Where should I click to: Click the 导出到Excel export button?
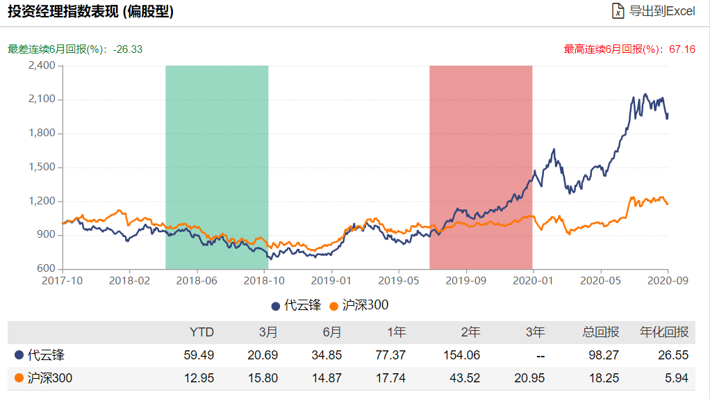654,11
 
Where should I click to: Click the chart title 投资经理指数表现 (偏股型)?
90,11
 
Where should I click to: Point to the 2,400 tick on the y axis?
42,65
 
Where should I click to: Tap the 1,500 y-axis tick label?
42,167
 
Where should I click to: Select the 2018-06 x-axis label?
197,280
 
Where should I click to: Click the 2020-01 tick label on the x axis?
533,280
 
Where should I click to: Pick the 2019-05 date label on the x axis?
399,280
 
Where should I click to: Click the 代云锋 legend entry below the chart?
296,305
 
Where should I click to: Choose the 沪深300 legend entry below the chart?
359,305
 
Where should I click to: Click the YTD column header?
201,332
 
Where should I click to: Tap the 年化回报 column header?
664,332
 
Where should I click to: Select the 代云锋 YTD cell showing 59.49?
199,355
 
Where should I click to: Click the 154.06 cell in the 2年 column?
461,355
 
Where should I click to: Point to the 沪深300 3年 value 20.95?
529,377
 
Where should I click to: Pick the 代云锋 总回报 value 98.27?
604,355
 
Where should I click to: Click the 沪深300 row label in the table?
44,377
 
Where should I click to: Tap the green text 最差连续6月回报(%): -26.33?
75,49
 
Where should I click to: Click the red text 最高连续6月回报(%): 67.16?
629,49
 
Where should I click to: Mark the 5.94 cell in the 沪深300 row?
677,377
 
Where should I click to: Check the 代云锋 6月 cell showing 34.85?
327,355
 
